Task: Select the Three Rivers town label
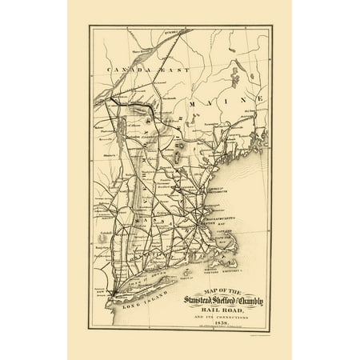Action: [x=121, y=49]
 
